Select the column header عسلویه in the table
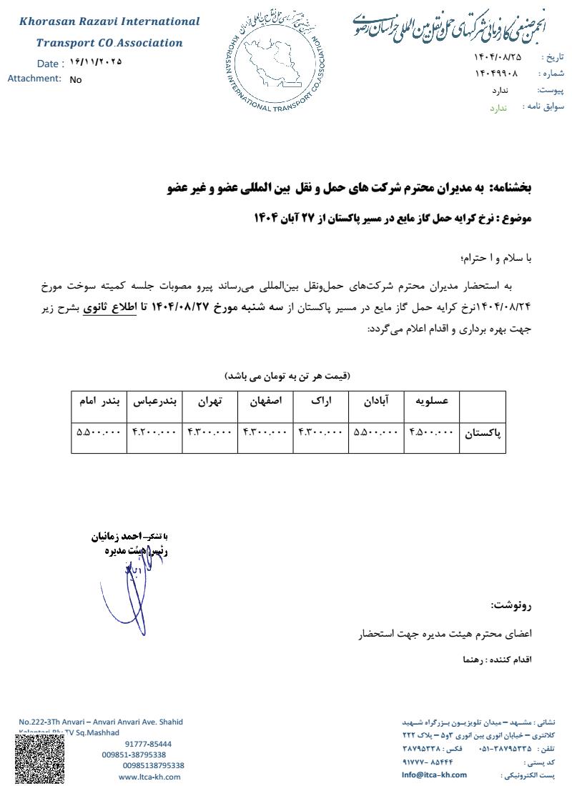tap(432, 402)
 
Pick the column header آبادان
tap(377, 402)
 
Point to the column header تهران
tap(209, 402)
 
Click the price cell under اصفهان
tap(265, 432)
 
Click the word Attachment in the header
tap(34, 79)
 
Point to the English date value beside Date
tap(96, 62)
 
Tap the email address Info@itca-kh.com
tap(434, 775)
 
